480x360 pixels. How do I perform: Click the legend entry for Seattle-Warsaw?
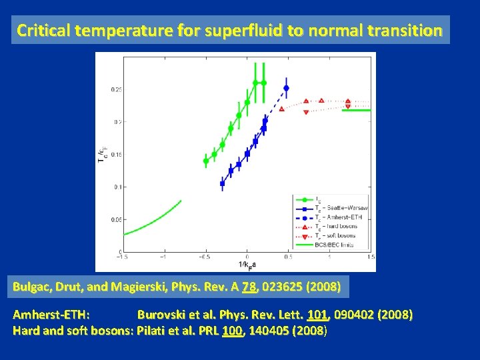tap(341, 209)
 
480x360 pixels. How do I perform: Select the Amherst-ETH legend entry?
tap(341, 217)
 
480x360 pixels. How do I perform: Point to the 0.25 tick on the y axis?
tap(116, 89)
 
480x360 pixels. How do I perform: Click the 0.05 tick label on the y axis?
tap(116, 219)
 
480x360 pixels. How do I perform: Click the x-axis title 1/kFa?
tap(247, 265)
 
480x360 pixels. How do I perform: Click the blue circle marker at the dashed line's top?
tap(287, 88)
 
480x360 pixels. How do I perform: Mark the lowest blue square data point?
tap(222, 183)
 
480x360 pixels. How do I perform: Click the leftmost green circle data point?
tap(205, 161)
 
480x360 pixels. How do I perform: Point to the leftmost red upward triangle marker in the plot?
tap(281, 109)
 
